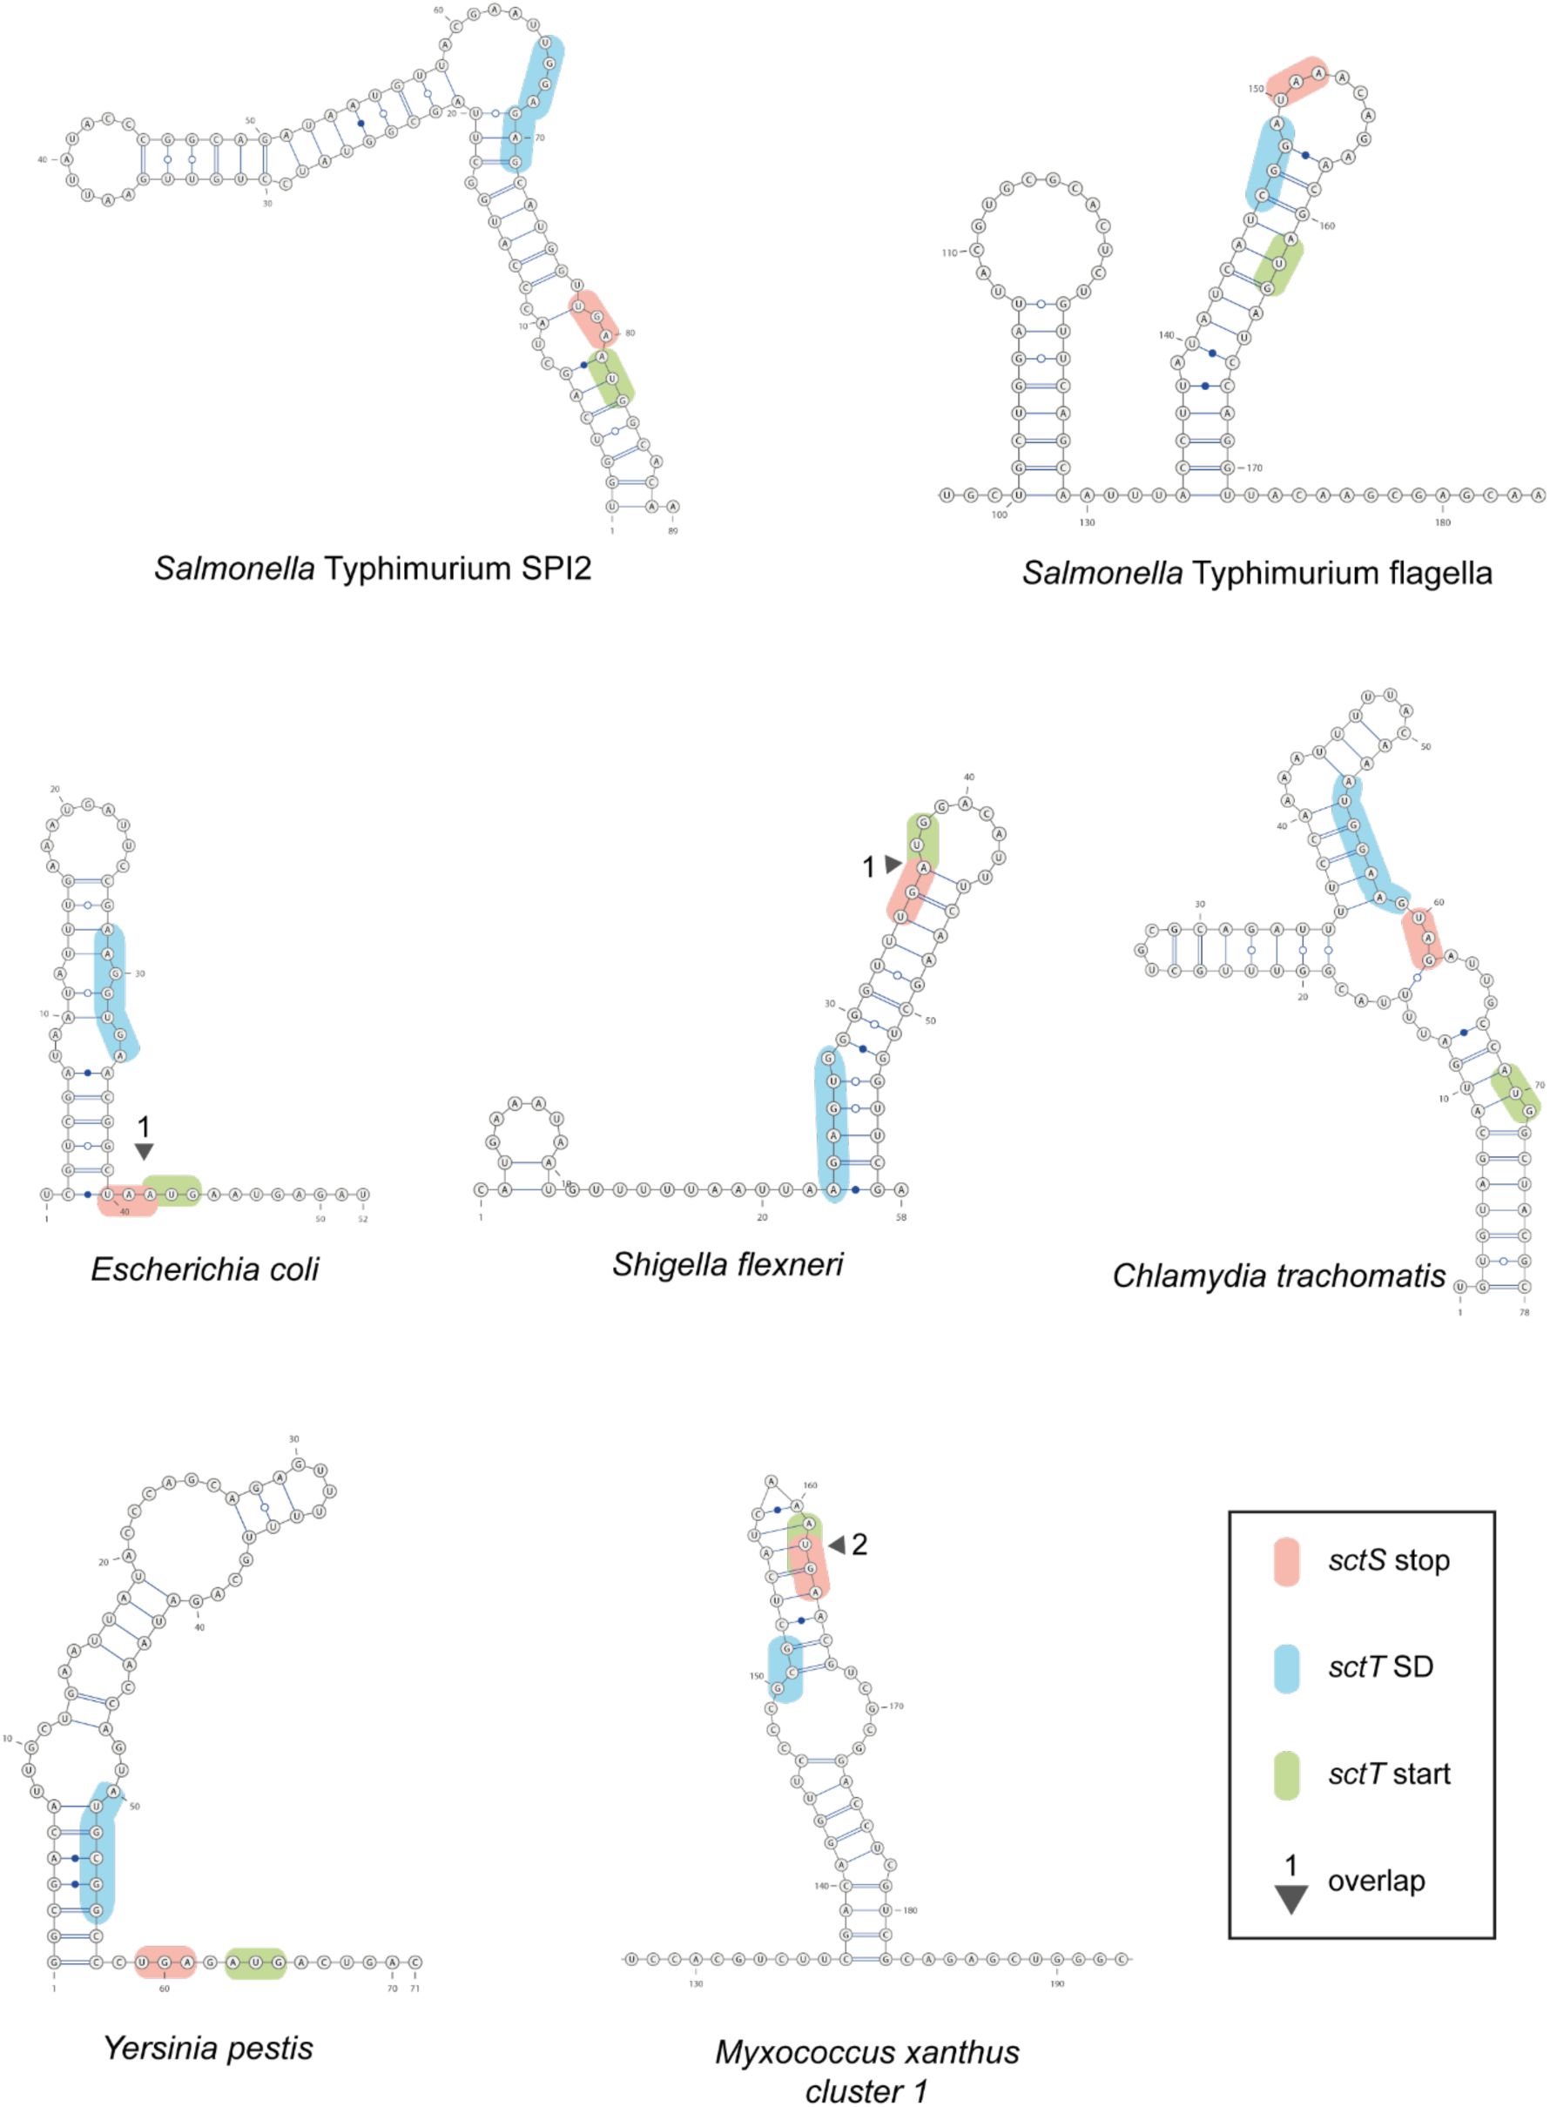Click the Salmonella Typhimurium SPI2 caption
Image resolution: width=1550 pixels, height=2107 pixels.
(373, 568)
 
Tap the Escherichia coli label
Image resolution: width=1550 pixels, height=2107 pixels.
(205, 1269)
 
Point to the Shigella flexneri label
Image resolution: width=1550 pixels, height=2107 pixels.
(727, 1263)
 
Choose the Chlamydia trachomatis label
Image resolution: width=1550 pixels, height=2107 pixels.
(1278, 1275)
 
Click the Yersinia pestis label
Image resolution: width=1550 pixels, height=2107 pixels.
(208, 2047)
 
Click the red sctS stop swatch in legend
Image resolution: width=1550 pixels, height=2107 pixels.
(1286, 1561)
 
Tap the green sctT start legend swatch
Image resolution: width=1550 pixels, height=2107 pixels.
(1286, 1774)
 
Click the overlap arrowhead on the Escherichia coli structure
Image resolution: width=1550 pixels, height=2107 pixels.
(144, 1150)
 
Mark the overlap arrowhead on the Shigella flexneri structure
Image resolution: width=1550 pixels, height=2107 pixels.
(893, 864)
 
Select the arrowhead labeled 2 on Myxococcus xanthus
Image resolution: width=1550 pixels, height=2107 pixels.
(834, 1545)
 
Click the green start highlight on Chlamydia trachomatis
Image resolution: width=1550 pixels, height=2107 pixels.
(1515, 1093)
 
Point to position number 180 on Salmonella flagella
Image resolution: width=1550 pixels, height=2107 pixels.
(1442, 522)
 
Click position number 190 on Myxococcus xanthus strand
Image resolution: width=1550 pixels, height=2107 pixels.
(1057, 1984)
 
